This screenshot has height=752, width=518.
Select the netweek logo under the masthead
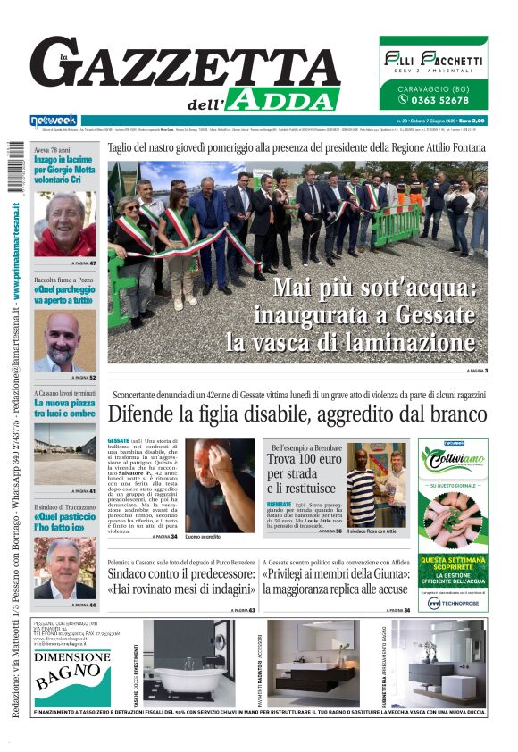click(54, 121)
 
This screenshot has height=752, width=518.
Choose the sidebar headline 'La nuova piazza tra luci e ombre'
click(64, 408)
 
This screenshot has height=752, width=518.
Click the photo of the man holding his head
click(220, 482)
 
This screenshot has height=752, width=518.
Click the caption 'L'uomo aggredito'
click(203, 537)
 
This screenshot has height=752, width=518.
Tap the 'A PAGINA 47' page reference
click(83, 264)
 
